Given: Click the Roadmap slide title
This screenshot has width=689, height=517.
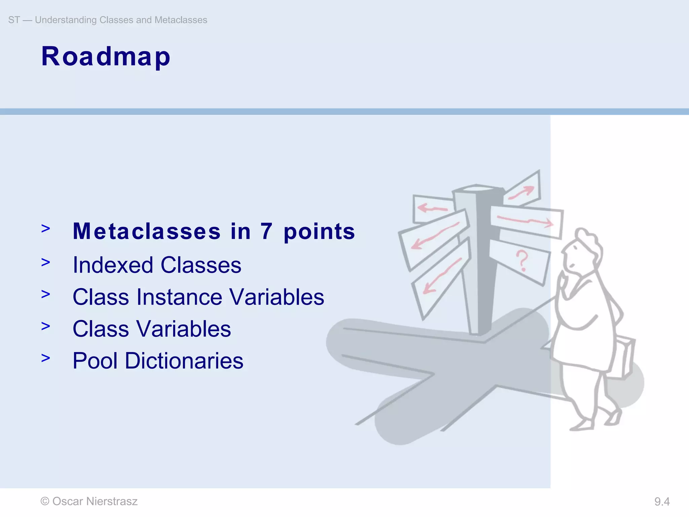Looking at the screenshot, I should pyautogui.click(x=106, y=57).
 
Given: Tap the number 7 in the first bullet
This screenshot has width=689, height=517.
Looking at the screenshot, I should pyautogui.click(x=266, y=232).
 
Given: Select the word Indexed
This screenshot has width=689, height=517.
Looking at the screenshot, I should pyautogui.click(x=113, y=265).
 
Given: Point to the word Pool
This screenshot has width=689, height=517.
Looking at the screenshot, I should pyautogui.click(x=95, y=361).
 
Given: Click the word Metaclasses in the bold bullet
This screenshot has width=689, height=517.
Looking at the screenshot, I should pyautogui.click(x=147, y=232).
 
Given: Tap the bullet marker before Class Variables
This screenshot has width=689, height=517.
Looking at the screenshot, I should pyautogui.click(x=46, y=326).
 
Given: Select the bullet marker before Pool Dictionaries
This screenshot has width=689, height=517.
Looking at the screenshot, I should pyautogui.click(x=46, y=358).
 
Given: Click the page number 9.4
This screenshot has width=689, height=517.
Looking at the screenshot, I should pyautogui.click(x=662, y=502).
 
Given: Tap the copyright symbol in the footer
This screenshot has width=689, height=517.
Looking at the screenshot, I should pyautogui.click(x=45, y=501).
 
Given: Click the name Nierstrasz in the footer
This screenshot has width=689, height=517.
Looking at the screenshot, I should pyautogui.click(x=112, y=501).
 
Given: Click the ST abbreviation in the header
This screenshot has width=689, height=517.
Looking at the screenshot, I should pyautogui.click(x=14, y=20).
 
